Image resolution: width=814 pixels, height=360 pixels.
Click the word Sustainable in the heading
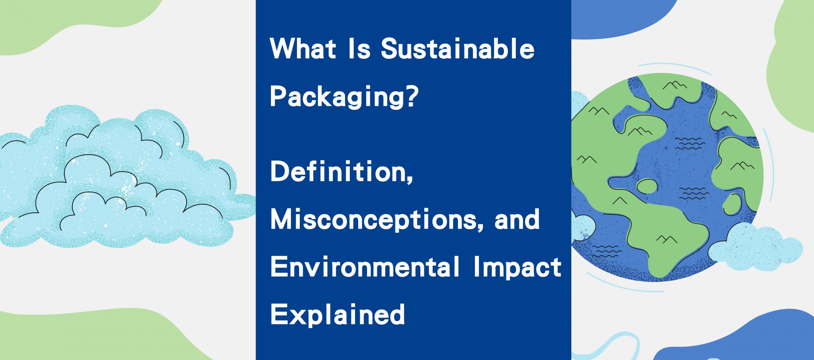click(x=458, y=50)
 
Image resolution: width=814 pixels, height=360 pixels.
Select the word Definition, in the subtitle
click(x=342, y=172)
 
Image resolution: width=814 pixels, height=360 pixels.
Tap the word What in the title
click(x=303, y=50)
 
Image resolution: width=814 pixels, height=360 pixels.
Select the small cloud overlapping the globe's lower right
click(x=755, y=247)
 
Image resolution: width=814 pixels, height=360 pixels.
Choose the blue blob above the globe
click(x=621, y=17)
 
